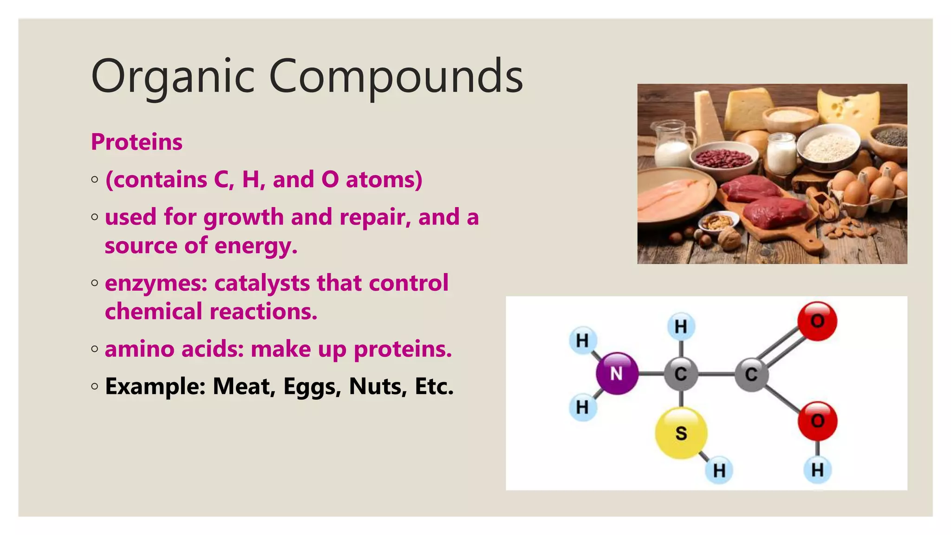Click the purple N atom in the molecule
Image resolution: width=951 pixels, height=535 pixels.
point(617,373)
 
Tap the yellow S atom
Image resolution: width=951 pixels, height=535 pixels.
point(681,433)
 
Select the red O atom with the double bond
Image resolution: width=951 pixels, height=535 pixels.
point(817,321)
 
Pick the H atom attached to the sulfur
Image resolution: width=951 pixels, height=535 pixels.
point(719,470)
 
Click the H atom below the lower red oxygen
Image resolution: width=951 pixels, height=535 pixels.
point(817,470)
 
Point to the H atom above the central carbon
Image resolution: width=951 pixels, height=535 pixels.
point(681,326)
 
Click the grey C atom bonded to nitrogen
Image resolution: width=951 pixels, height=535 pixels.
point(681,373)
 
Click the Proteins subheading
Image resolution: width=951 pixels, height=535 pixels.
point(137,142)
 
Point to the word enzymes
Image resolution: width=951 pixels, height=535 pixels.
point(156,283)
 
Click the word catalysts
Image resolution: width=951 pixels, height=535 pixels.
point(261,283)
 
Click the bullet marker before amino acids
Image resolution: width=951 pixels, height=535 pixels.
point(95,349)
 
